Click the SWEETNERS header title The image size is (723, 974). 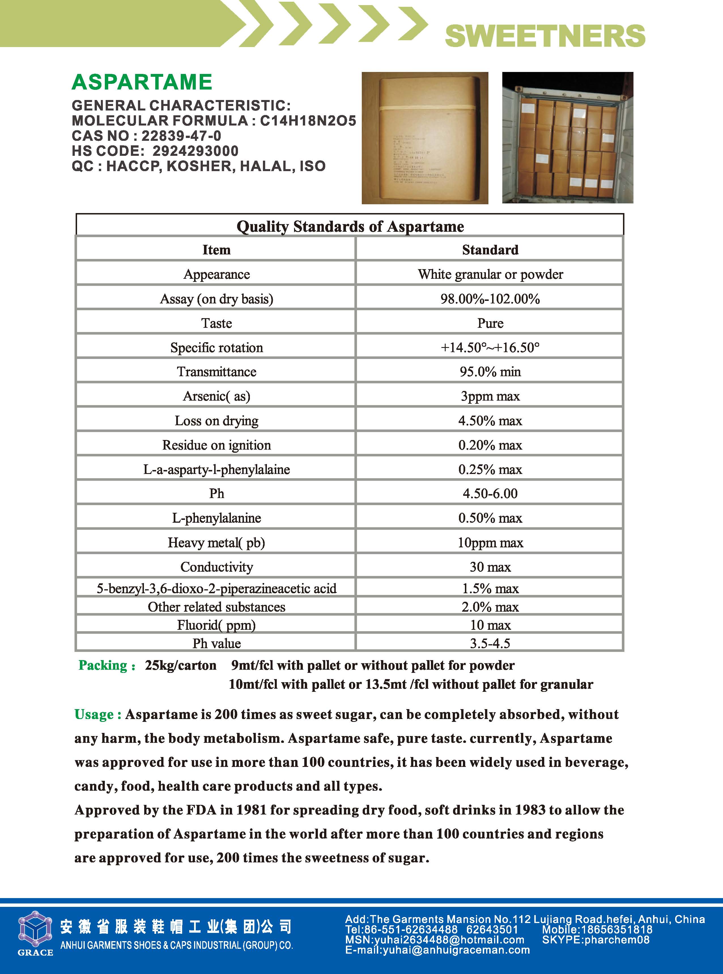tap(545, 36)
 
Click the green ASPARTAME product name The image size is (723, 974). tap(142, 82)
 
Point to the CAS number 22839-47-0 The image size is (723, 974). tap(181, 136)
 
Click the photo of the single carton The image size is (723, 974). tap(424, 138)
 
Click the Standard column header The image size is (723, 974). tap(490, 250)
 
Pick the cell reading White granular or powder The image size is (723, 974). tap(490, 274)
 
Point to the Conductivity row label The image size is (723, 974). tap(217, 567)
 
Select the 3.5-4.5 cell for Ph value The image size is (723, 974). tap(490, 643)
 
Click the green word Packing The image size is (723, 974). tap(104, 665)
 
